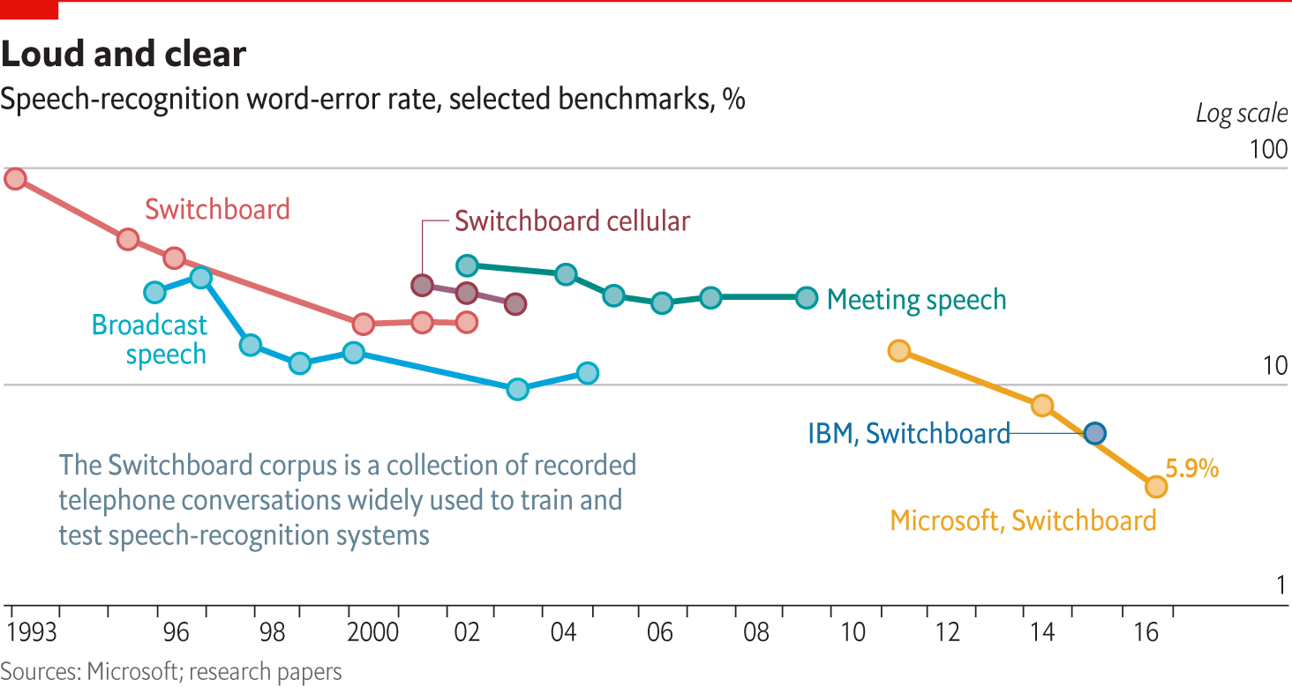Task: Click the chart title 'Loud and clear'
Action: point(124,55)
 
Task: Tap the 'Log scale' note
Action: point(1242,114)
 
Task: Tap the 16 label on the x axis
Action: point(1145,632)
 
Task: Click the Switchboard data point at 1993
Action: point(15,179)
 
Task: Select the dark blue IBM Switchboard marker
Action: point(1095,433)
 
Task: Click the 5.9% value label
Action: point(1191,469)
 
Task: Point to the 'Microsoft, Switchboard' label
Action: point(1023,520)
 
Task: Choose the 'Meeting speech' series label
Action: point(916,300)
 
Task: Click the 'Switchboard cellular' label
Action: point(572,220)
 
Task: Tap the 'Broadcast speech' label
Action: point(150,340)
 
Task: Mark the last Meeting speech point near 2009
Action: point(807,298)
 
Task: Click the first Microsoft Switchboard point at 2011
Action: point(898,351)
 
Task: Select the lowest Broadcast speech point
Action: point(518,389)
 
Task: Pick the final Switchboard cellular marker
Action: point(515,304)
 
